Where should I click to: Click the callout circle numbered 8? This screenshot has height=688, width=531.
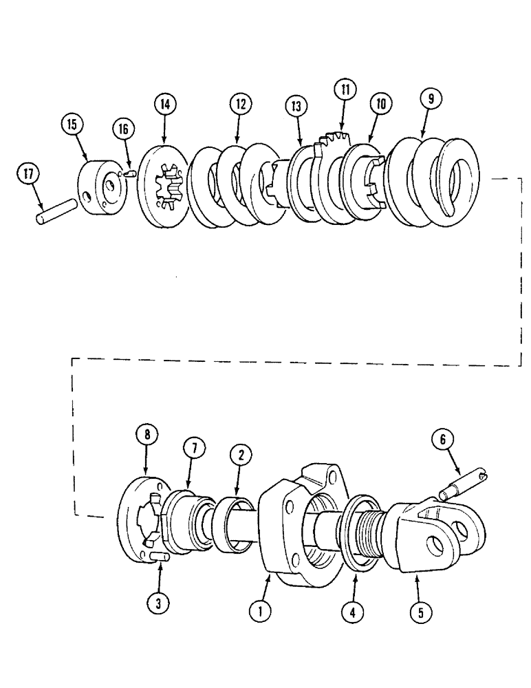[x=148, y=436]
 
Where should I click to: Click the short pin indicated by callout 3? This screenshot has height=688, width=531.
[x=156, y=555]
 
